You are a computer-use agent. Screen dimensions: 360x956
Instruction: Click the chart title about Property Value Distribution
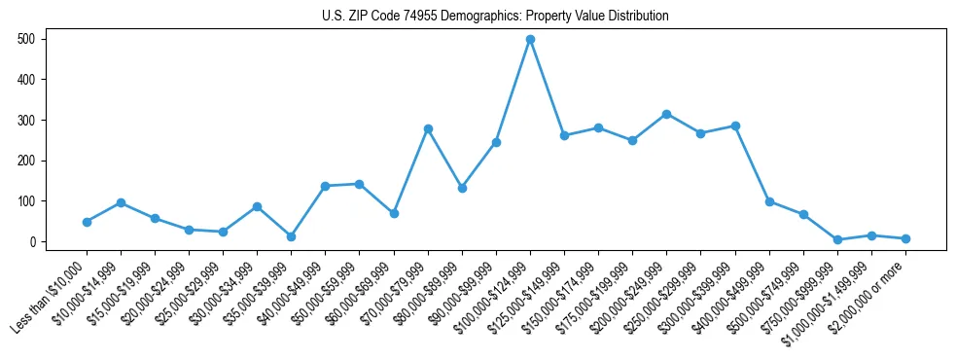click(x=495, y=16)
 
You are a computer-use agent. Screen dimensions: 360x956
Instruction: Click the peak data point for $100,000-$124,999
click(x=530, y=40)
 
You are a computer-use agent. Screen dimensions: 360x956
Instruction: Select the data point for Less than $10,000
click(x=87, y=222)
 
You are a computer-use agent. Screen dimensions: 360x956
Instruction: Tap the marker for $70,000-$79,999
click(x=428, y=128)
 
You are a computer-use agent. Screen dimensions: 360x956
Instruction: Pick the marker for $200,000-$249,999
click(x=666, y=114)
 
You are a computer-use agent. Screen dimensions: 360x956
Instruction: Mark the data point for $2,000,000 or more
click(x=905, y=238)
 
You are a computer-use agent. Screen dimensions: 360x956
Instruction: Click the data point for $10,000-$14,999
click(x=121, y=202)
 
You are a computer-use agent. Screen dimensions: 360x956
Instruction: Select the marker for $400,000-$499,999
click(x=769, y=201)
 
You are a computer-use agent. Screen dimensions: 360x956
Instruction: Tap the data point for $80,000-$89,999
click(x=462, y=188)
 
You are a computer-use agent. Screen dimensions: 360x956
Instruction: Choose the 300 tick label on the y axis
click(x=29, y=120)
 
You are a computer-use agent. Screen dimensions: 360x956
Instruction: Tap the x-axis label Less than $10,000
click(x=52, y=297)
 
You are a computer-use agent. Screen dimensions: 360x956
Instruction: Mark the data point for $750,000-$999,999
click(x=837, y=239)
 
